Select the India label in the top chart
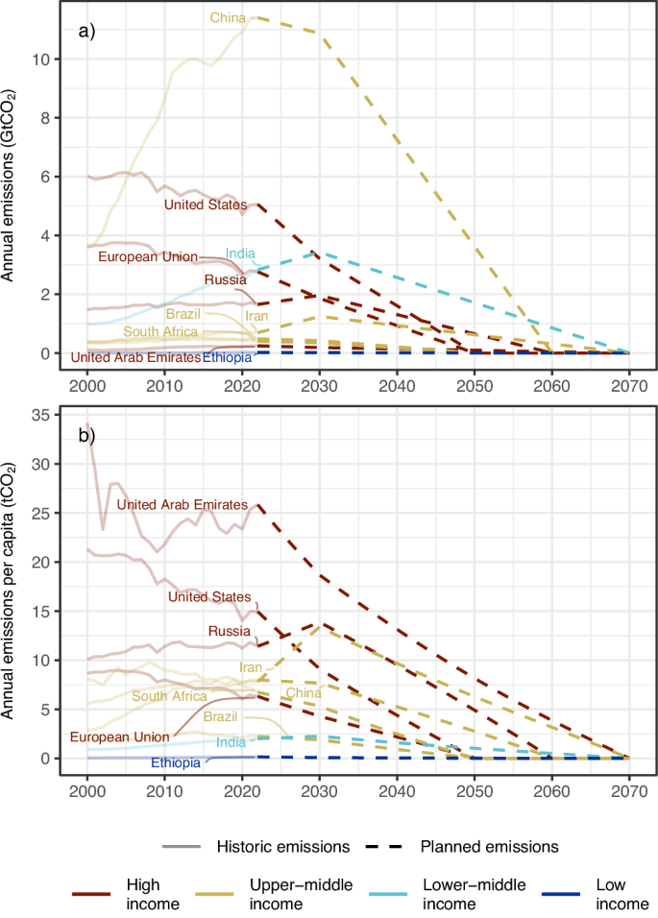click(240, 254)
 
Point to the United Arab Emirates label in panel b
click(182, 505)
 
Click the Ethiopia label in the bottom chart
click(176, 763)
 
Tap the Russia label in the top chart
click(225, 279)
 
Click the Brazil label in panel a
click(183, 314)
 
